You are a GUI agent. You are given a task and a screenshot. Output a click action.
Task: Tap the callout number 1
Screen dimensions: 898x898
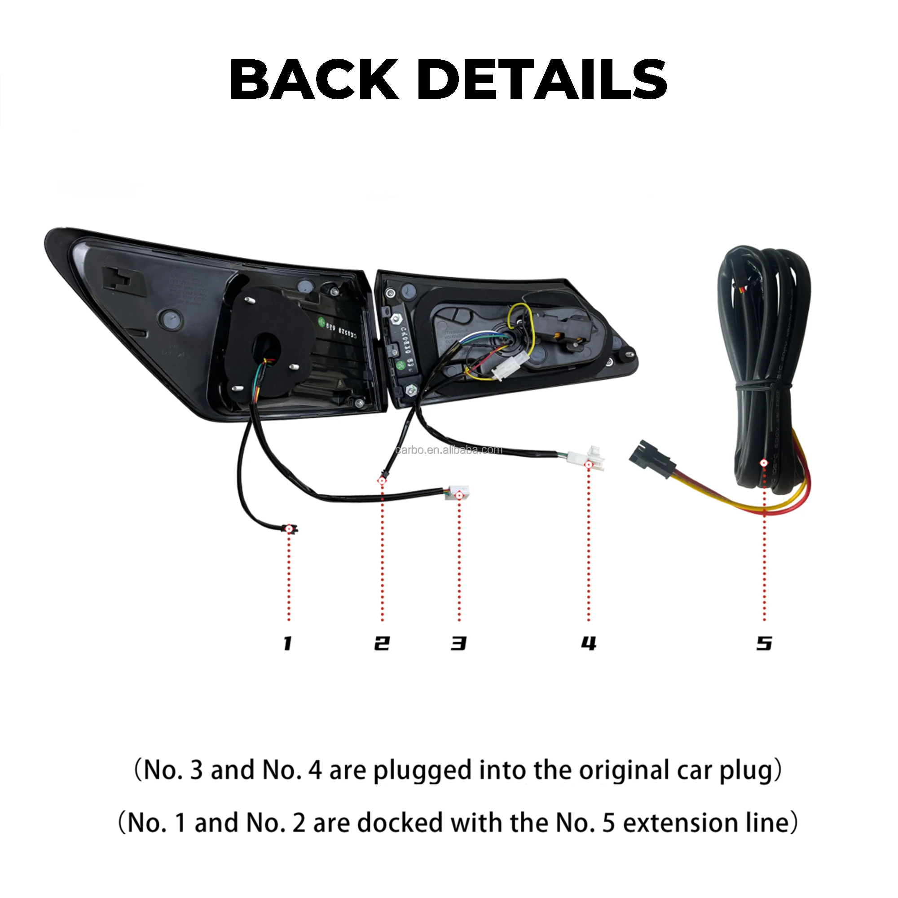(x=288, y=644)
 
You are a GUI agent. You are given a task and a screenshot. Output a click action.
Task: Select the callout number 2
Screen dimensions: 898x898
(x=382, y=643)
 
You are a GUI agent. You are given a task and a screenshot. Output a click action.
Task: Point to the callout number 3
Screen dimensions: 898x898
(x=459, y=643)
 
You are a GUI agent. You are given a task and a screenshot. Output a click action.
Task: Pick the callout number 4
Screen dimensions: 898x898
(x=589, y=643)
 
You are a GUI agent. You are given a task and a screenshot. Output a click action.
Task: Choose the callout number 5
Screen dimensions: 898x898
(x=764, y=643)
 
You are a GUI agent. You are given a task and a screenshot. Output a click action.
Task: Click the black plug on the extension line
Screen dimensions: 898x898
(x=650, y=459)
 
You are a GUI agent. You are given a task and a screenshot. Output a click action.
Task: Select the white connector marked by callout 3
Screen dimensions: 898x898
(x=458, y=493)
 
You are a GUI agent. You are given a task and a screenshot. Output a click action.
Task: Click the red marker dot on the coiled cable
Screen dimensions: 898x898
(x=764, y=463)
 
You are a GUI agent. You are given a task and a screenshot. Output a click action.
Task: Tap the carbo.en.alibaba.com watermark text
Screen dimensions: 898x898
(x=449, y=449)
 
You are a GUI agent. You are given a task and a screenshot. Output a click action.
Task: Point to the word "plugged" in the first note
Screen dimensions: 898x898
(x=423, y=771)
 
